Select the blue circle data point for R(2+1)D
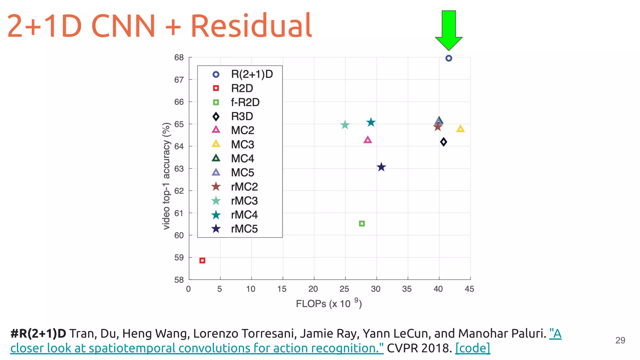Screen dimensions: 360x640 pyautogui.click(x=449, y=58)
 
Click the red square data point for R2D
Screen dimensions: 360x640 pyautogui.click(x=202, y=260)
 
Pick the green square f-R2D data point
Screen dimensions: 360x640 pyautogui.click(x=362, y=223)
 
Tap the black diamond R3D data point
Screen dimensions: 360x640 pyautogui.click(x=443, y=142)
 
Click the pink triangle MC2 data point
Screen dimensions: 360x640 pyautogui.click(x=367, y=140)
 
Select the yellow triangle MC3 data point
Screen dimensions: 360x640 pyautogui.click(x=460, y=129)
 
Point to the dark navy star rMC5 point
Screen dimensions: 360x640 pyautogui.click(x=381, y=167)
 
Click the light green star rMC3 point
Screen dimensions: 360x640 pyautogui.click(x=345, y=125)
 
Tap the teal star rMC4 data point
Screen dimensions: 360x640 pyautogui.click(x=371, y=122)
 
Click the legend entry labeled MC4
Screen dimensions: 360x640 pyautogui.click(x=242, y=158)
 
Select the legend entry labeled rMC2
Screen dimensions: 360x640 pyautogui.click(x=244, y=187)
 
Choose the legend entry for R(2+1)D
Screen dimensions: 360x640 pyautogui.click(x=252, y=74)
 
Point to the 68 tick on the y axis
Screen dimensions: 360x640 pyautogui.click(x=179, y=57)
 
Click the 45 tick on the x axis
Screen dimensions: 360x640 pyautogui.click(x=469, y=289)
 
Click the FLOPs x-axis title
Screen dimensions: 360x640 pyautogui.click(x=328, y=303)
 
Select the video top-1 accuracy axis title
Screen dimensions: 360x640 pyautogui.click(x=166, y=176)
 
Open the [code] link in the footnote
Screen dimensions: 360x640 pyautogui.click(x=472, y=348)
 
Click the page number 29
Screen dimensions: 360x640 pyautogui.click(x=620, y=340)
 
